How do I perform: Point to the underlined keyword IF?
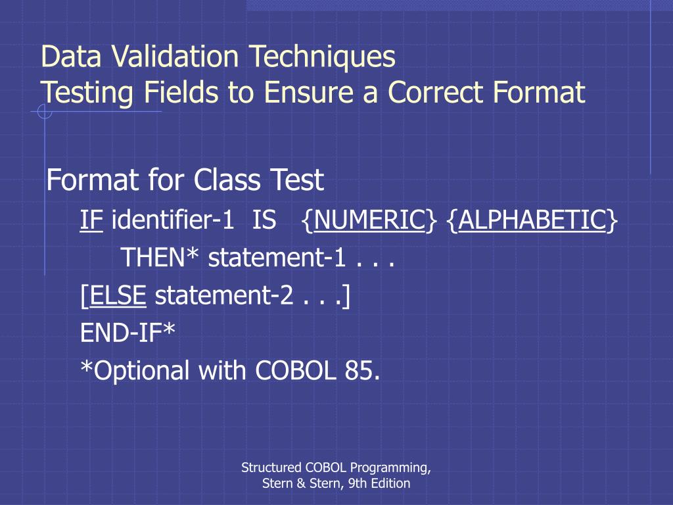[x=92, y=220]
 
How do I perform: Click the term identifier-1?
[x=173, y=220]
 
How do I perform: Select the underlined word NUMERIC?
[x=369, y=220]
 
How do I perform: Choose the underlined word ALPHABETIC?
[x=532, y=220]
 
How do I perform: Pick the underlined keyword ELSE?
[x=118, y=296]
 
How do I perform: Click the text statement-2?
[x=223, y=296]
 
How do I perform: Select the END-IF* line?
[x=128, y=333]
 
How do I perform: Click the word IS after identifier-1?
[x=264, y=220]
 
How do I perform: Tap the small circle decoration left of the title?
[x=45, y=112]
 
